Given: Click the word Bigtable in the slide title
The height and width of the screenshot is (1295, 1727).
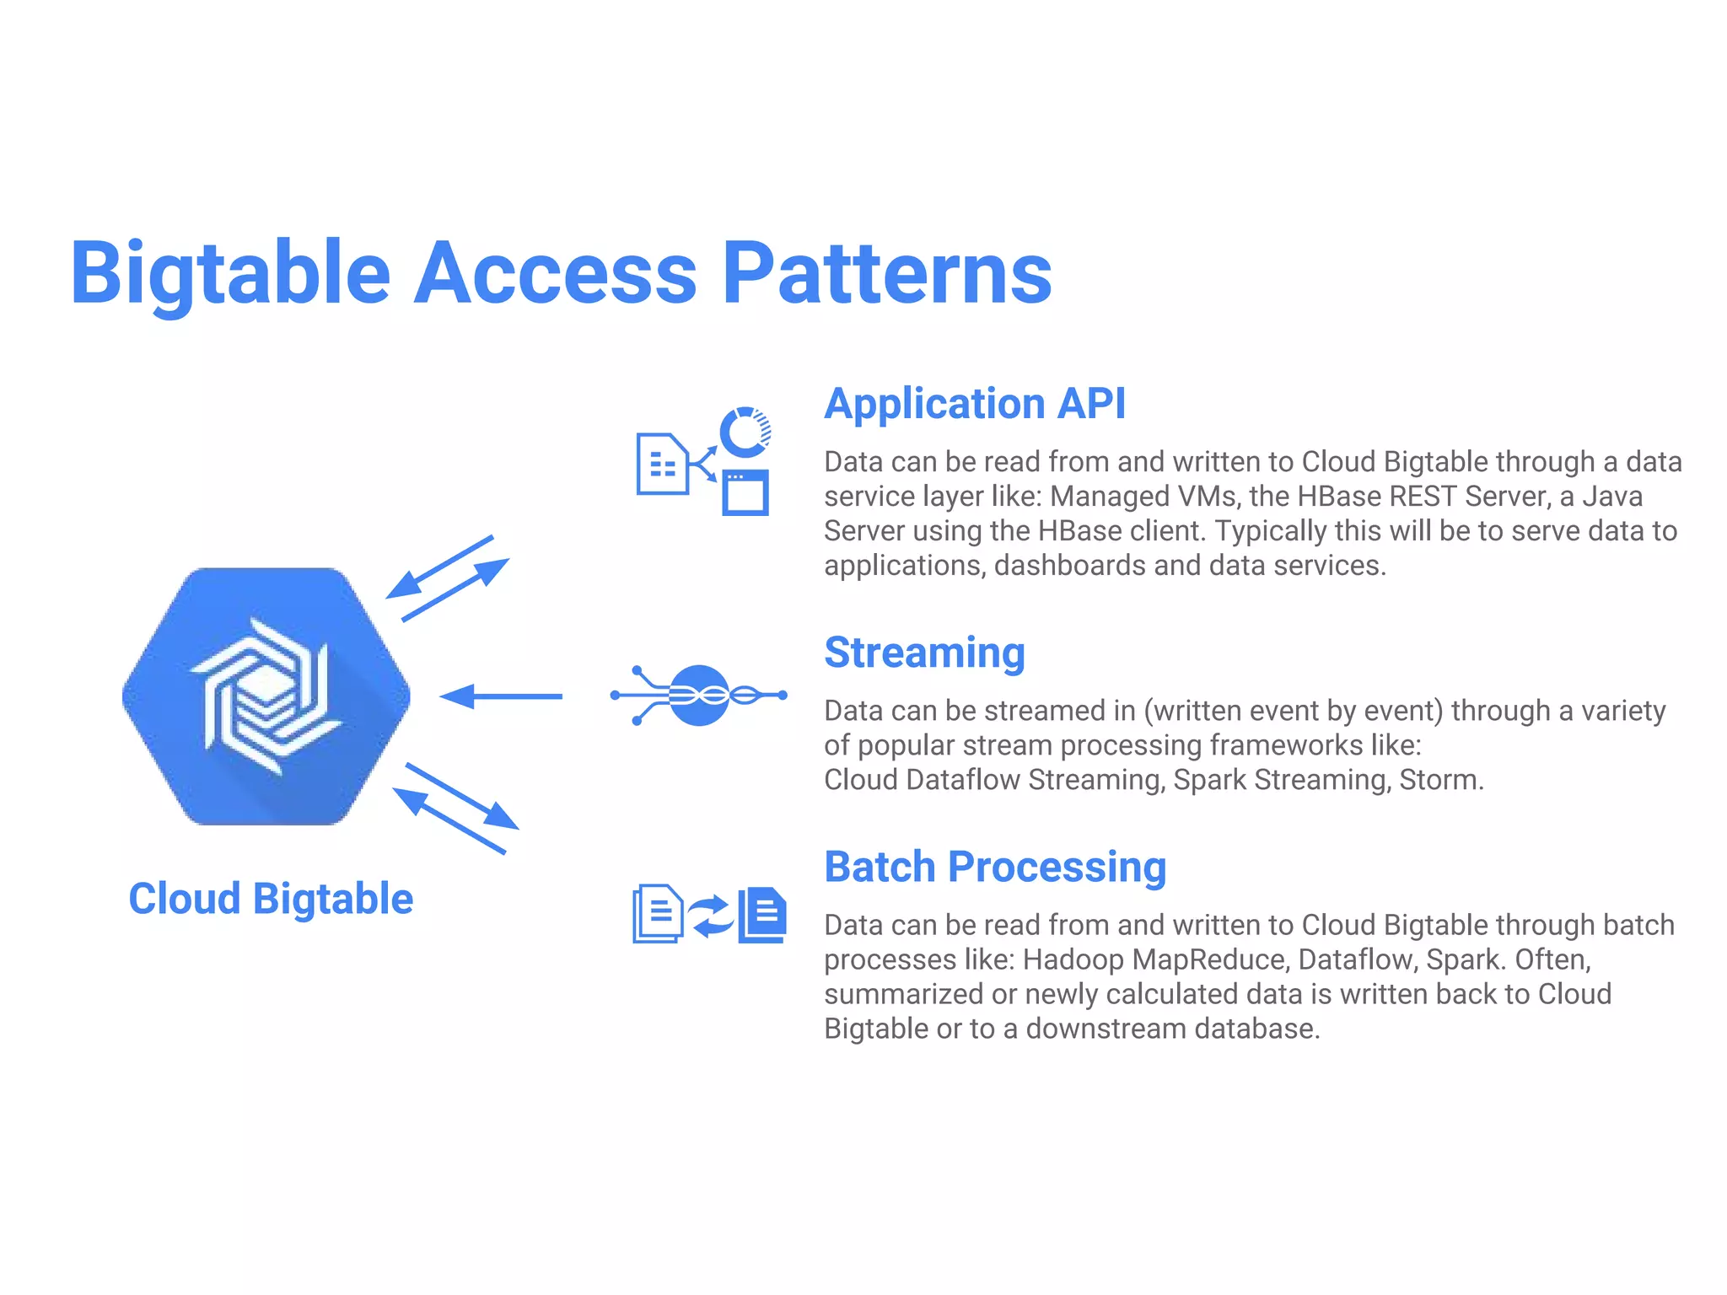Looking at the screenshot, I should (x=230, y=273).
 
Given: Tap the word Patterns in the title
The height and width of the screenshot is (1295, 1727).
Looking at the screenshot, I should (x=887, y=273).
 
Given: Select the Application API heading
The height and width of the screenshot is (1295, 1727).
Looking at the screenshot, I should (x=974, y=403).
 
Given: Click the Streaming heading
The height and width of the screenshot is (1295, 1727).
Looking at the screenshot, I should (x=924, y=653).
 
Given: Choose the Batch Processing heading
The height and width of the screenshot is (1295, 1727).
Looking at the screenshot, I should (x=995, y=867).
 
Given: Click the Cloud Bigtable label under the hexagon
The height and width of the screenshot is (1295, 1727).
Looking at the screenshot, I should (x=271, y=899).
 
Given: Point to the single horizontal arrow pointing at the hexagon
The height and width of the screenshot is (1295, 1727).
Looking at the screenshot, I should (x=501, y=696).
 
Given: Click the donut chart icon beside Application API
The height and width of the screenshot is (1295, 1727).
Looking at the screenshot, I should (x=745, y=431).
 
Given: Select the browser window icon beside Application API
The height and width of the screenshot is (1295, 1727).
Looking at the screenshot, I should (x=745, y=492).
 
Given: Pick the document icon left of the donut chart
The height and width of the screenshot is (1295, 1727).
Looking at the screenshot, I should (x=662, y=464).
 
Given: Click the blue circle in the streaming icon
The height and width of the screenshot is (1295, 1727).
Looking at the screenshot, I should (x=699, y=696).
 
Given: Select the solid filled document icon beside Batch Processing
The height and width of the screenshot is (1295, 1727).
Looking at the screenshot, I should (x=763, y=915).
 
